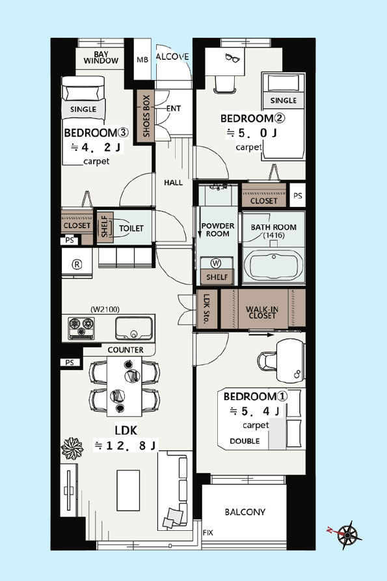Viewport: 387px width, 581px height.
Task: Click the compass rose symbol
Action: click(x=347, y=535)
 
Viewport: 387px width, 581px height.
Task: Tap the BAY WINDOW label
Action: click(x=101, y=57)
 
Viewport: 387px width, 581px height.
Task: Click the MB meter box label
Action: click(x=142, y=60)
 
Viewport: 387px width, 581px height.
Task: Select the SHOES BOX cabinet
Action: click(x=146, y=116)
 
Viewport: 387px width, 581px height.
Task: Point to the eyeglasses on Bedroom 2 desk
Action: click(x=232, y=58)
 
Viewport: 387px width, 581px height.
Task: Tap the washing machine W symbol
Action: click(x=215, y=263)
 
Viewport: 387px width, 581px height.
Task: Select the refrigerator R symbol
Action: click(x=77, y=264)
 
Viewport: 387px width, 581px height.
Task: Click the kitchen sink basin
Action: click(x=134, y=329)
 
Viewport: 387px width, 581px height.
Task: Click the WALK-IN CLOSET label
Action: click(x=262, y=312)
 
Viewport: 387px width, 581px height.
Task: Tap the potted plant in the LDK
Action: click(x=72, y=448)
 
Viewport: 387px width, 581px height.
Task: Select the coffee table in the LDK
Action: click(x=128, y=490)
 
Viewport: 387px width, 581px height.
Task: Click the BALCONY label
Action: click(x=245, y=512)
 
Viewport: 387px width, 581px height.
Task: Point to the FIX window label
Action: click(x=207, y=533)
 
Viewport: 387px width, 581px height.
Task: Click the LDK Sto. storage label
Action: click(x=206, y=309)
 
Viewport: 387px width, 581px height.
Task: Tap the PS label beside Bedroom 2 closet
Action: click(x=298, y=195)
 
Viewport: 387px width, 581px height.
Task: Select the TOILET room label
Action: click(x=131, y=228)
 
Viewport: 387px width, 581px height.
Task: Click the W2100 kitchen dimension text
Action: click(x=105, y=310)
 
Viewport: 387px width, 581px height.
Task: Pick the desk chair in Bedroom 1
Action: click(x=267, y=361)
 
